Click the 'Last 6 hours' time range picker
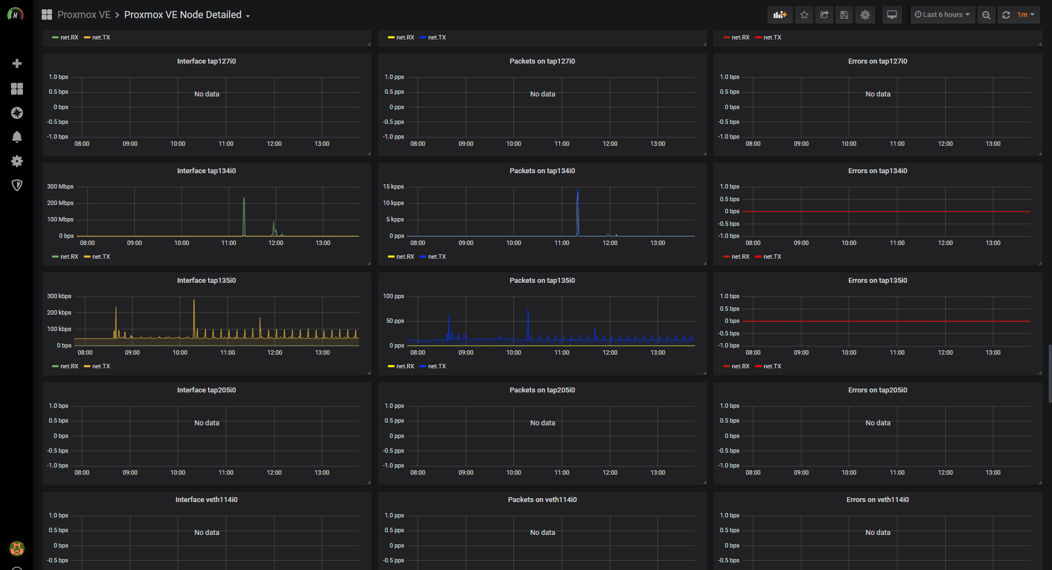coord(942,15)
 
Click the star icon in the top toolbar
coord(804,15)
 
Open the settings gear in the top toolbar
coord(865,15)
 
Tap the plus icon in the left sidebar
coord(17,64)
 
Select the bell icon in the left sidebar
coord(17,137)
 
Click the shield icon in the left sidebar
coord(17,185)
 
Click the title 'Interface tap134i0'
coord(207,171)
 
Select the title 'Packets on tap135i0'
coord(542,281)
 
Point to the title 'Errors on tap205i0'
coord(878,390)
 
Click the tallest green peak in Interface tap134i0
coord(244,198)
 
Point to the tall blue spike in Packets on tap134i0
coord(578,191)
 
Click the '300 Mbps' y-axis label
coord(60,186)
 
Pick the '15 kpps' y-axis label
coord(393,186)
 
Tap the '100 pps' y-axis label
coord(393,296)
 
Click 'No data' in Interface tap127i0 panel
coord(207,94)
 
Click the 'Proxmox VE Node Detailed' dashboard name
coord(183,15)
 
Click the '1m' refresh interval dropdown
coord(1026,15)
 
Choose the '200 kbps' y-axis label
coord(59,312)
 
